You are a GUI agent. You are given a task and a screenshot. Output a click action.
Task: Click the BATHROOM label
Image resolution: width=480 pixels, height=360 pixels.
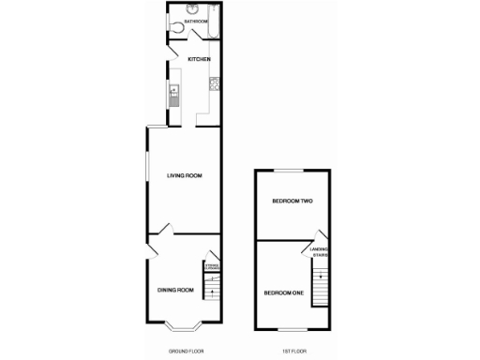click(196, 21)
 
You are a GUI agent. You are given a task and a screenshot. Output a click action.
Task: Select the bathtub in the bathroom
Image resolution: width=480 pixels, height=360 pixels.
click(216, 21)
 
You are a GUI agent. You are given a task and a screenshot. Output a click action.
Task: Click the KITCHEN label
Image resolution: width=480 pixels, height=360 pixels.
click(199, 59)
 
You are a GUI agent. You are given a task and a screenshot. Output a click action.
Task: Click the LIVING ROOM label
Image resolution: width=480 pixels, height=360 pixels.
click(185, 175)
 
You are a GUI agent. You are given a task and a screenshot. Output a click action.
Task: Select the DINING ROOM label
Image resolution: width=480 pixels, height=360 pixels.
click(175, 290)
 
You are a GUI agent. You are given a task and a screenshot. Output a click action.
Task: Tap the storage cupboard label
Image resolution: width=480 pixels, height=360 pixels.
click(213, 268)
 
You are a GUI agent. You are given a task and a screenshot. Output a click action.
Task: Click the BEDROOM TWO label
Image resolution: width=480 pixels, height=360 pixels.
click(292, 202)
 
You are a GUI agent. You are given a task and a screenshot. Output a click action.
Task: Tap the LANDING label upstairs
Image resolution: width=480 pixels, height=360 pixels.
click(320, 248)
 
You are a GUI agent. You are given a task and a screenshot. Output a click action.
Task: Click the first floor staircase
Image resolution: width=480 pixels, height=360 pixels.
click(322, 286)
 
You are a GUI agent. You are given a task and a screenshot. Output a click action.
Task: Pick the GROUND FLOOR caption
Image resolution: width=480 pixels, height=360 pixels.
click(185, 351)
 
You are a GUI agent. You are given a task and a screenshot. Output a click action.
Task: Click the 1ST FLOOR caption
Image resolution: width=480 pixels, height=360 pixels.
click(293, 351)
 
